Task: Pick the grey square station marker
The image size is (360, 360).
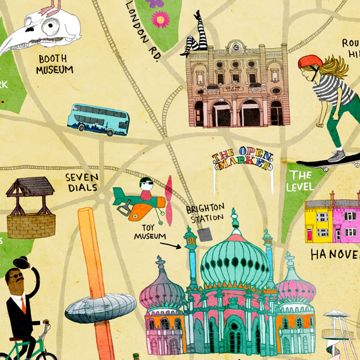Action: click(x=205, y=235)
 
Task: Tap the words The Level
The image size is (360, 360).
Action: click(x=301, y=181)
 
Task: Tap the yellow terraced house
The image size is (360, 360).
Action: click(x=319, y=223)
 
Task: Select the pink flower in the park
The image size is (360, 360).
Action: click(x=160, y=20)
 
